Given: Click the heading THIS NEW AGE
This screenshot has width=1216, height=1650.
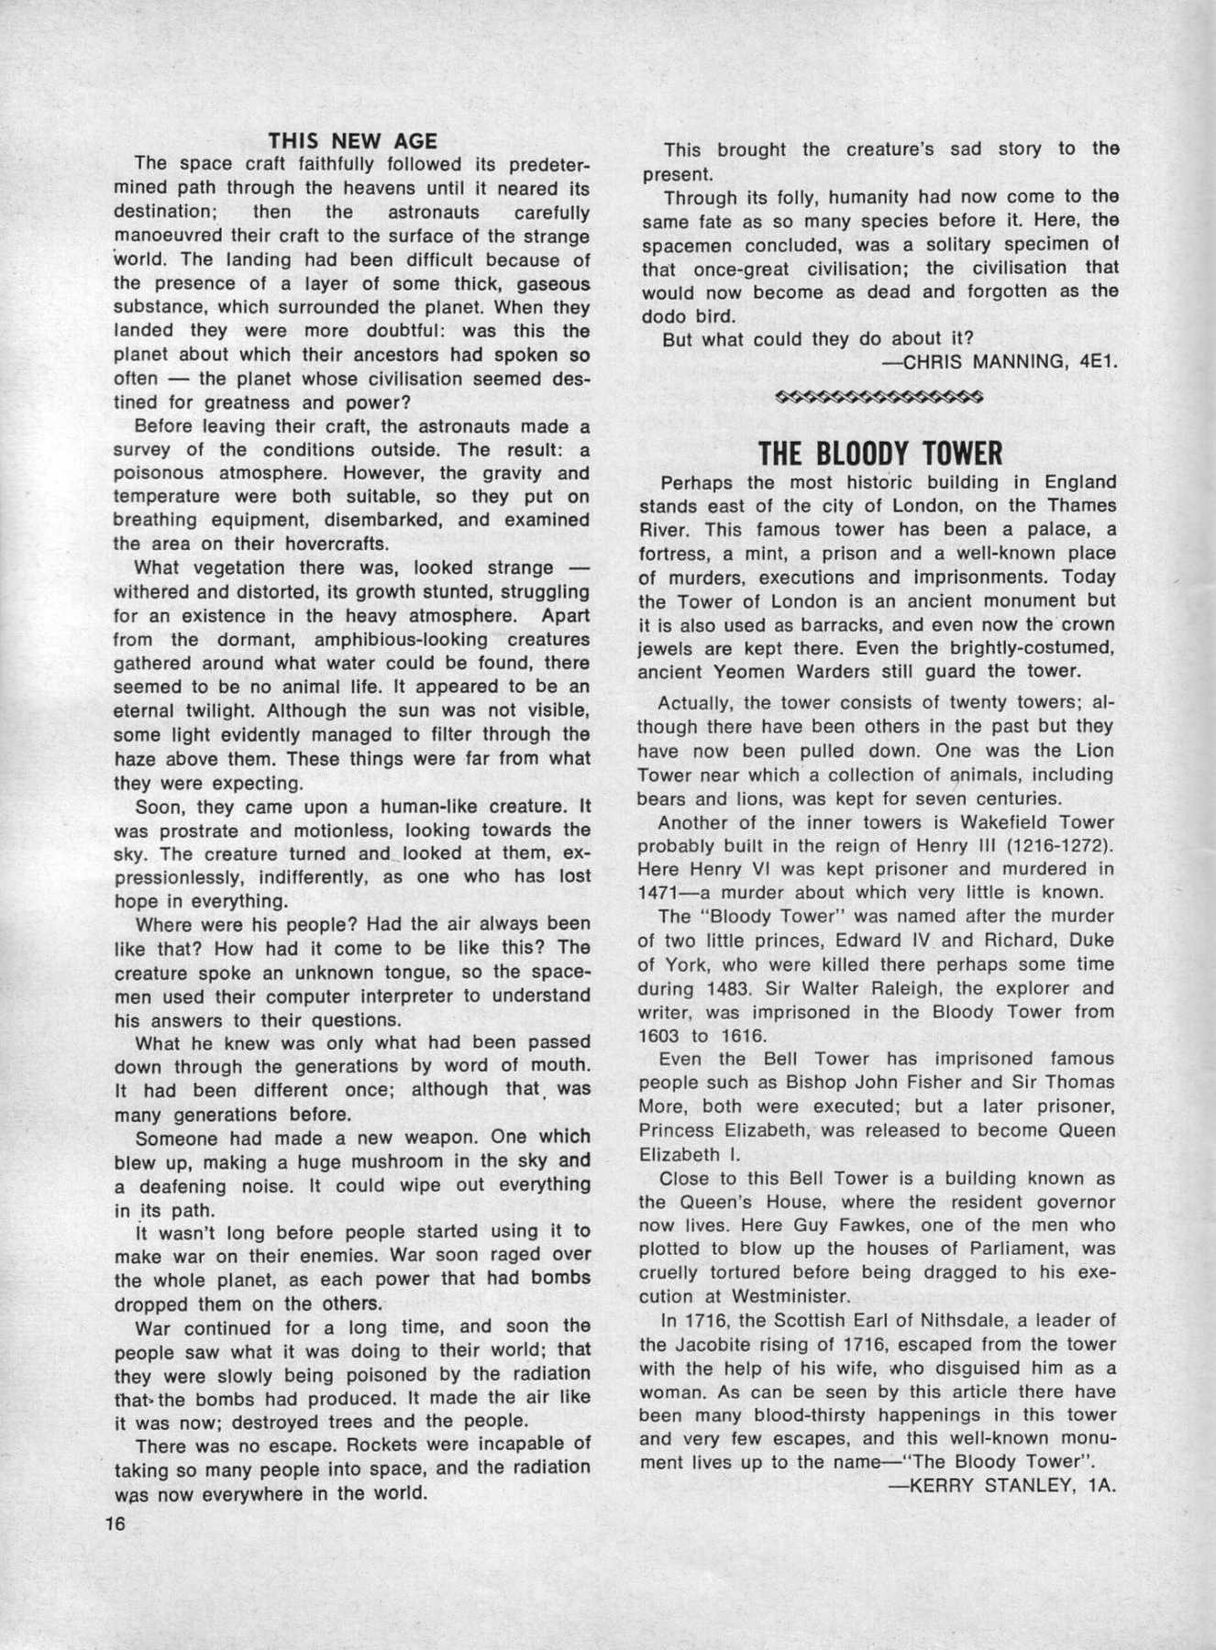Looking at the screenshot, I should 352,140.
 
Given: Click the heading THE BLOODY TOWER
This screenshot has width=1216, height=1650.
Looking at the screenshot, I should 880,453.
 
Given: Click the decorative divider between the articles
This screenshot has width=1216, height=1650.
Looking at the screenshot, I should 879,398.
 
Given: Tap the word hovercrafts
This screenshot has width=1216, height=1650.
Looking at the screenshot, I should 317,544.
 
